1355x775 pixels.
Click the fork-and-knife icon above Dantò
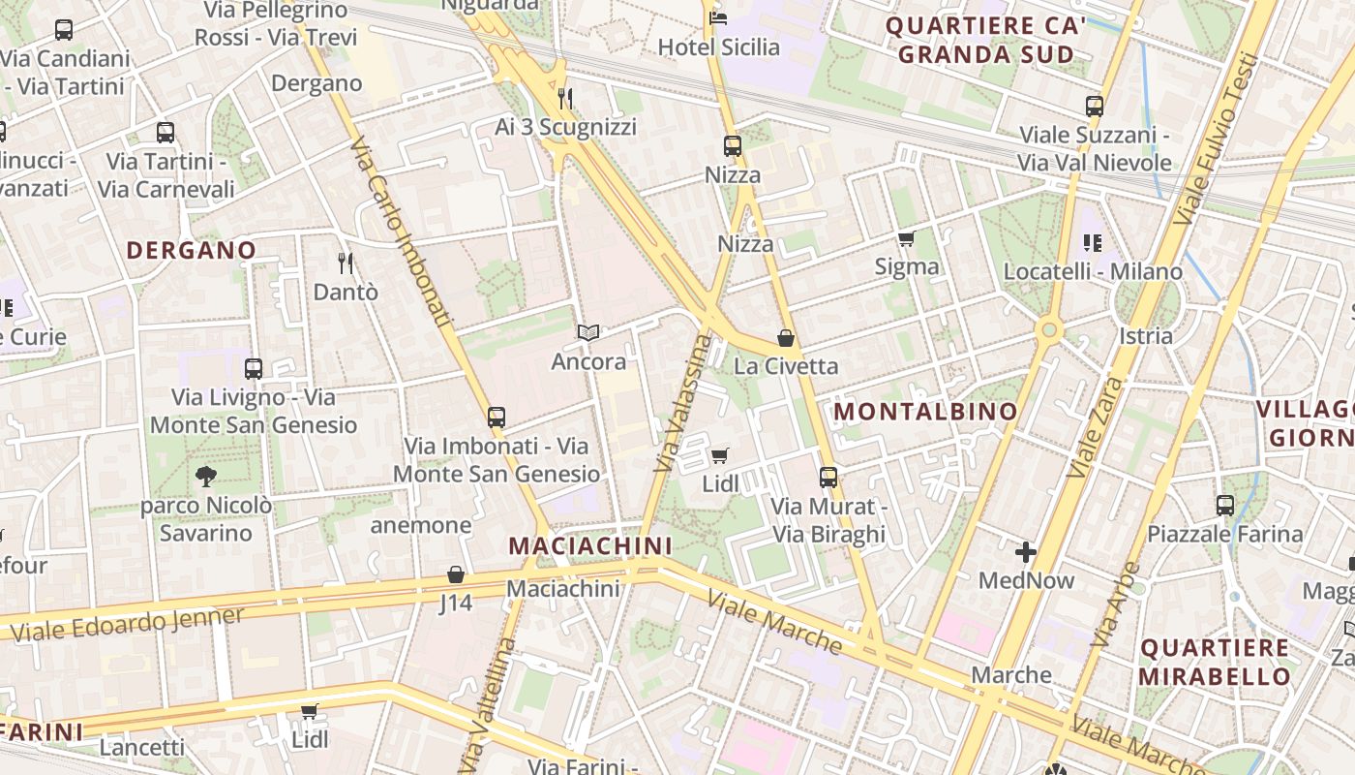(x=345, y=263)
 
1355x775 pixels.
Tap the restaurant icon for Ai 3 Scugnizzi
(x=566, y=98)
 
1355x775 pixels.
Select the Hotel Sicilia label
(x=718, y=46)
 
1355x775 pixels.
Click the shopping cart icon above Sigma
(x=906, y=238)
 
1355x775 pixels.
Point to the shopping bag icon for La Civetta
(x=786, y=338)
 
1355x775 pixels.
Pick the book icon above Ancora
(x=587, y=333)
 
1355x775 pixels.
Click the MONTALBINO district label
(x=925, y=412)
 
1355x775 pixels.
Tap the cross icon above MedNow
(x=1026, y=552)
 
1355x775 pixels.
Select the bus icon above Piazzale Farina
(x=1225, y=505)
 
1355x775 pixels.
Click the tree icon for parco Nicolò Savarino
(x=205, y=476)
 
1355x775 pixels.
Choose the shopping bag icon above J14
(x=456, y=574)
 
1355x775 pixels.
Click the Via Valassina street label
(x=683, y=403)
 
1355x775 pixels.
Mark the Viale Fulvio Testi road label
(x=1217, y=139)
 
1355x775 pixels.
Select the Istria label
(x=1145, y=336)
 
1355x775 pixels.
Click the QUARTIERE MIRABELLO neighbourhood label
(x=1214, y=662)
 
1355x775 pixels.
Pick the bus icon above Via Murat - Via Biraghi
(x=828, y=477)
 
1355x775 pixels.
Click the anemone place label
(x=421, y=525)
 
